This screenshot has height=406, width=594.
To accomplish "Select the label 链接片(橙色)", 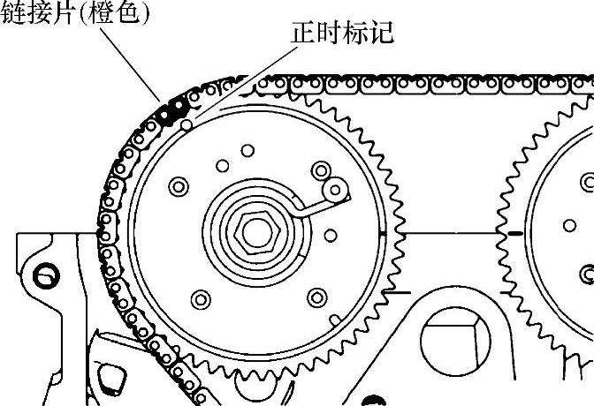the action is [x=75, y=15].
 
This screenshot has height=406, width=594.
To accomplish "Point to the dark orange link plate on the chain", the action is [x=174, y=109].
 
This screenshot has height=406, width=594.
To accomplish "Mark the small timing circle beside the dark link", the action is [x=186, y=125].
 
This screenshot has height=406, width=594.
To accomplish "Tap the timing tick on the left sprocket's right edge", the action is [x=381, y=234].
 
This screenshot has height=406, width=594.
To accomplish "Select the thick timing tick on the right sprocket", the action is [x=512, y=234].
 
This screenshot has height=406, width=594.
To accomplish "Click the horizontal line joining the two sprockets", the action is [x=446, y=233].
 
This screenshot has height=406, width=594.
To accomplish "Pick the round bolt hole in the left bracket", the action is [x=42, y=276].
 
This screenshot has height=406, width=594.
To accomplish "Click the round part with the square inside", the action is [x=453, y=347].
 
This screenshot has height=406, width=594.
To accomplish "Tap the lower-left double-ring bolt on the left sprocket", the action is [x=201, y=299].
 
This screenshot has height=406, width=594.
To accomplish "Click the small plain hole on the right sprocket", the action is [x=570, y=225].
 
